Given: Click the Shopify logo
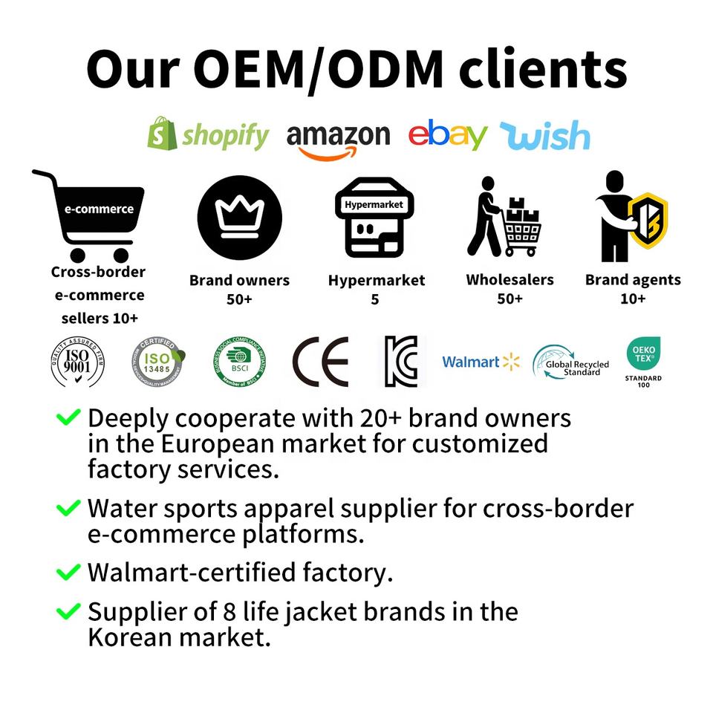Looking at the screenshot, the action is [208, 134].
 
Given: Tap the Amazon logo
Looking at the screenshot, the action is [338, 138].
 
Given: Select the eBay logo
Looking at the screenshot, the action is [447, 134].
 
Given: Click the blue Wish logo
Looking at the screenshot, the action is [544, 136].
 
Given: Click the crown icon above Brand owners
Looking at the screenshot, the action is [239, 215].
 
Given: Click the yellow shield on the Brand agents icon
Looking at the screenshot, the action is [648, 220].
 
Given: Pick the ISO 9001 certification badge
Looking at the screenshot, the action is [78, 362].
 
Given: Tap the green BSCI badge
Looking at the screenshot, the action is [240, 362].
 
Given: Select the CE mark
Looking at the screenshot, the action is [320, 362].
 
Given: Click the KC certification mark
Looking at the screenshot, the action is [401, 362].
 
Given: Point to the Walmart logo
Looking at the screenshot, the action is [481, 362].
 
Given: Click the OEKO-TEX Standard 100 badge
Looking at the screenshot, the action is [642, 361].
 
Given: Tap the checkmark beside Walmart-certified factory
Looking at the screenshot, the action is [68, 573].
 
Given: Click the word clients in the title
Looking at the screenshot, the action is [543, 68].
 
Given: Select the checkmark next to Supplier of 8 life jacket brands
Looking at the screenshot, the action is [68, 612].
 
